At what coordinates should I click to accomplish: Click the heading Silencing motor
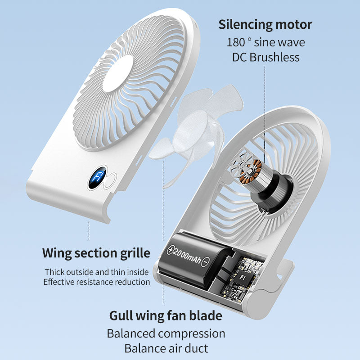click(x=265, y=24)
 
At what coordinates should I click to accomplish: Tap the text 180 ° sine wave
click(x=265, y=43)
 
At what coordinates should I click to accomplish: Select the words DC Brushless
click(x=265, y=57)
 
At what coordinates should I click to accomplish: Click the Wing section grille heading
click(x=96, y=253)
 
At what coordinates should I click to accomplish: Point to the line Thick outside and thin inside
click(x=96, y=272)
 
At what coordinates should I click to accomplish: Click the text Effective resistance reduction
click(x=96, y=282)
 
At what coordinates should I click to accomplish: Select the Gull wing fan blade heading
click(x=166, y=315)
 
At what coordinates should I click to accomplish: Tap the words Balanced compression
click(x=166, y=333)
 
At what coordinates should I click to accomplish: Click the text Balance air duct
click(x=166, y=348)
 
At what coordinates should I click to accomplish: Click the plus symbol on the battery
click(x=171, y=250)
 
